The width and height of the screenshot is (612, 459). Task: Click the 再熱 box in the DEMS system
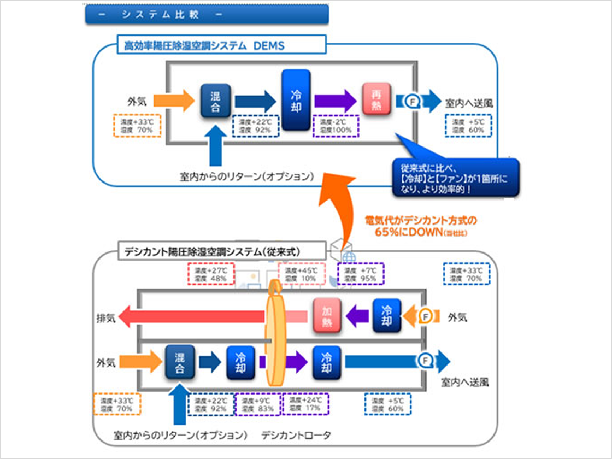point(377,99)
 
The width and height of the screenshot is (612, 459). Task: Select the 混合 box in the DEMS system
point(215,101)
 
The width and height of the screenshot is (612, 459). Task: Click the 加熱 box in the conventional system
point(327,316)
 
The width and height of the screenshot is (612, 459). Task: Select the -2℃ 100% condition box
point(336,126)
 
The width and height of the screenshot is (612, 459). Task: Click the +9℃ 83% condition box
point(258,405)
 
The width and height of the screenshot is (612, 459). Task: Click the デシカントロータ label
point(296,436)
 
